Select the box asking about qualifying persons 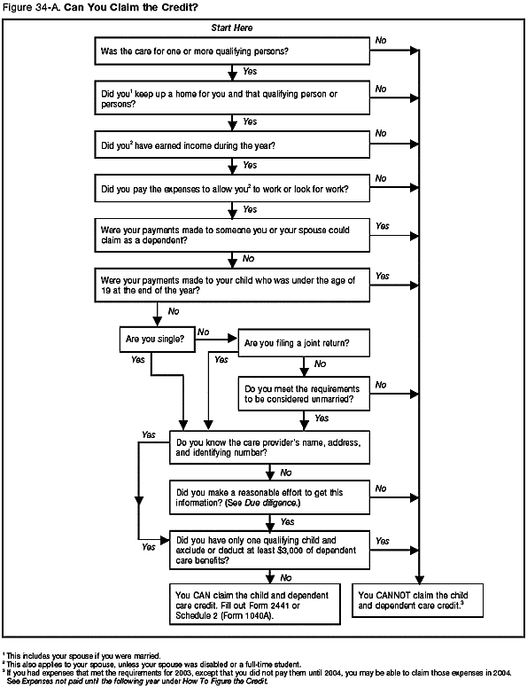(x=231, y=51)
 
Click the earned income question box (x=231, y=144)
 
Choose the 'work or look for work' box (x=231, y=188)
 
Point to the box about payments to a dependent (x=231, y=236)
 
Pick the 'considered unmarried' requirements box (x=303, y=393)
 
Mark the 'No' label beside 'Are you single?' (x=204, y=332)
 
